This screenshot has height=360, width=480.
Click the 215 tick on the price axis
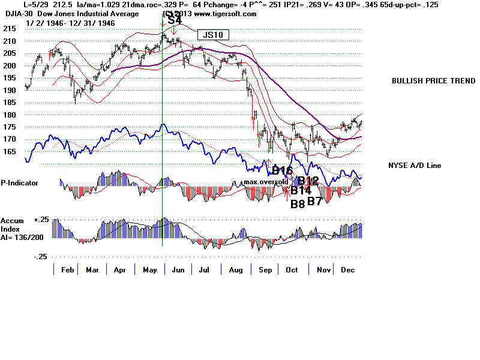pos(9,29)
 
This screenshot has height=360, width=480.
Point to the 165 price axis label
pos(9,152)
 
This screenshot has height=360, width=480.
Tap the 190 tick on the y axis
pos(9,90)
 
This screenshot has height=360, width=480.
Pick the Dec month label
pos(347,271)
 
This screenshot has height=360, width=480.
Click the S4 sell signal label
pos(175,20)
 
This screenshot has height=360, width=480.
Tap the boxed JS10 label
pos(213,35)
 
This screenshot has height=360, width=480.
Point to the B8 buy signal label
pos(298,204)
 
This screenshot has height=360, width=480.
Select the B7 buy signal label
pos(316,201)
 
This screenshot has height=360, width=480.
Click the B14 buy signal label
pos(301,191)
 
